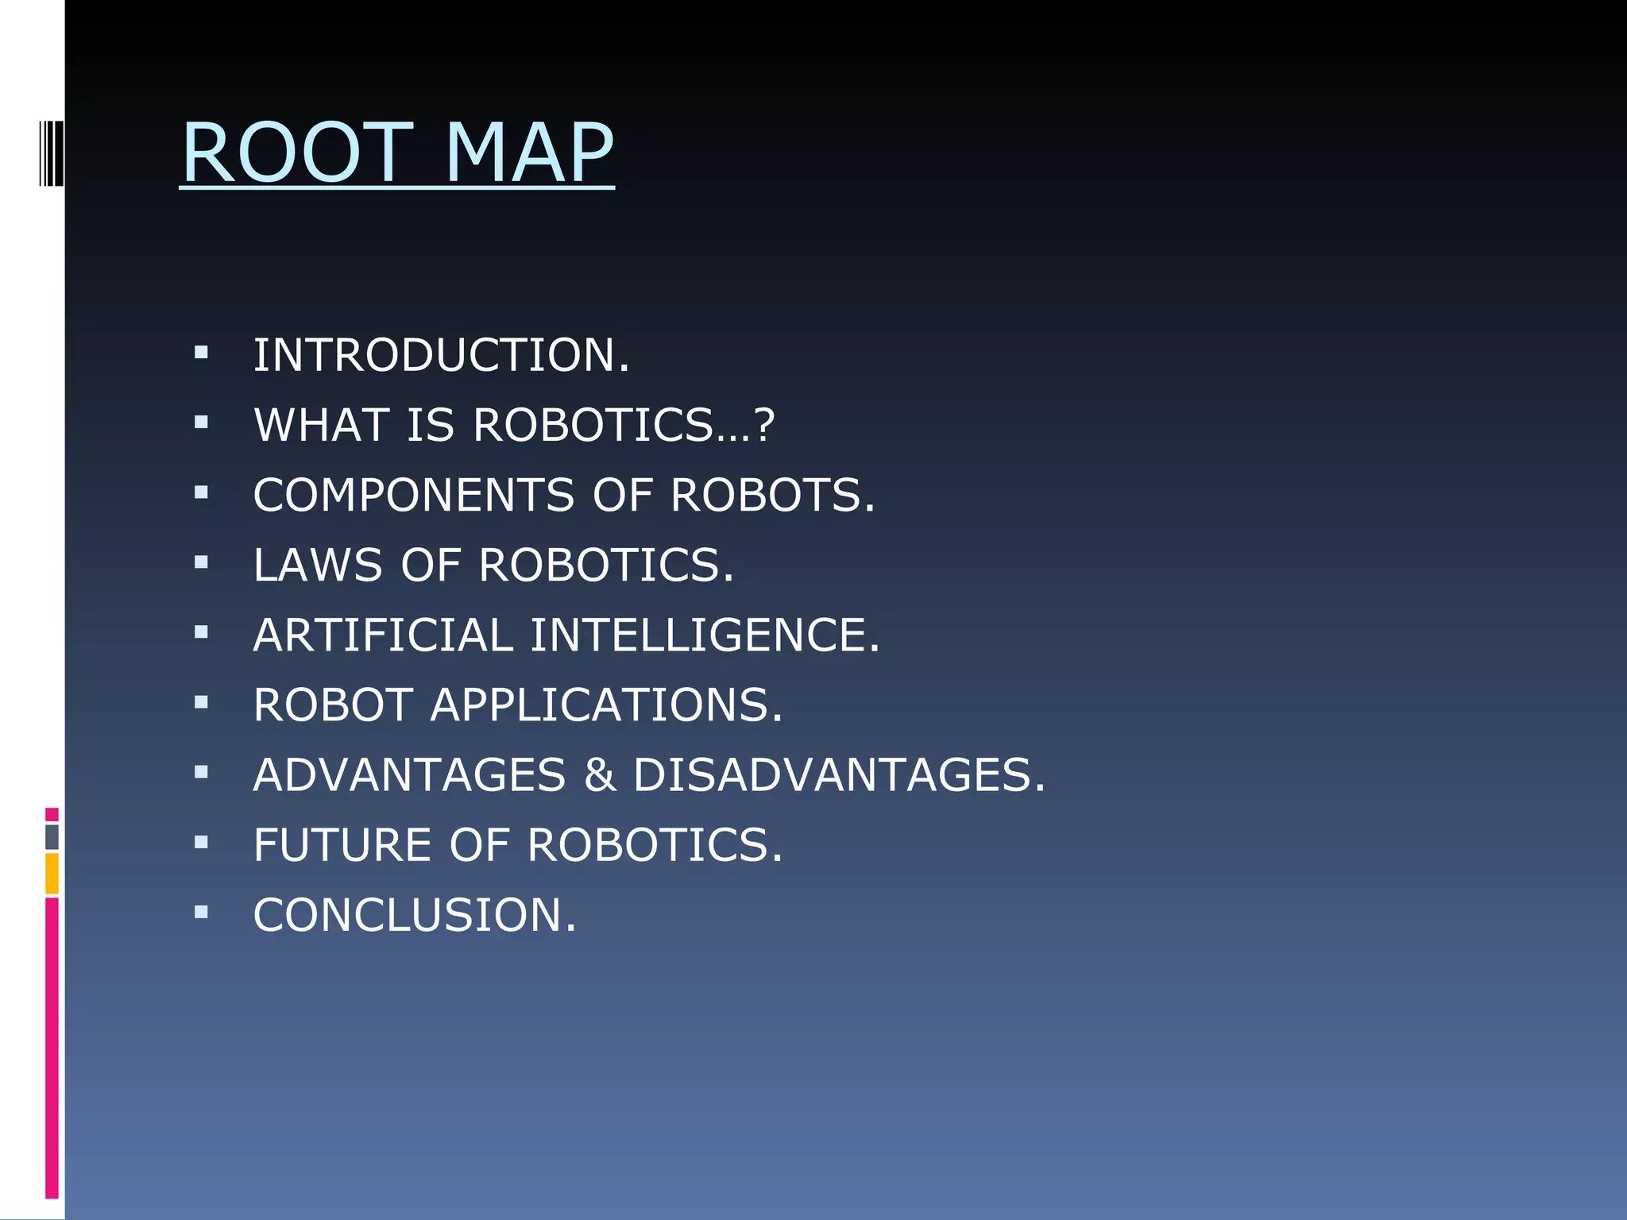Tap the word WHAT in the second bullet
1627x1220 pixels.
321,425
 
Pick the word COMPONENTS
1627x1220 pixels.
413,495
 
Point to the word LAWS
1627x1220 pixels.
317,565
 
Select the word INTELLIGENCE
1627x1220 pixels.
704,635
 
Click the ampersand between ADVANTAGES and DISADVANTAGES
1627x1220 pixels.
600,774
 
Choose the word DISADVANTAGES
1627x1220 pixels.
838,774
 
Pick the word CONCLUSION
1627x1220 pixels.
413,914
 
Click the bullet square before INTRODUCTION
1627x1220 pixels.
201,352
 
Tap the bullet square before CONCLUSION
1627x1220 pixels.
201,912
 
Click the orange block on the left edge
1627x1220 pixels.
52,873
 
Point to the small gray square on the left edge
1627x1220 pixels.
52,836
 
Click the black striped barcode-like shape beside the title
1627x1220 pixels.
50,153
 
